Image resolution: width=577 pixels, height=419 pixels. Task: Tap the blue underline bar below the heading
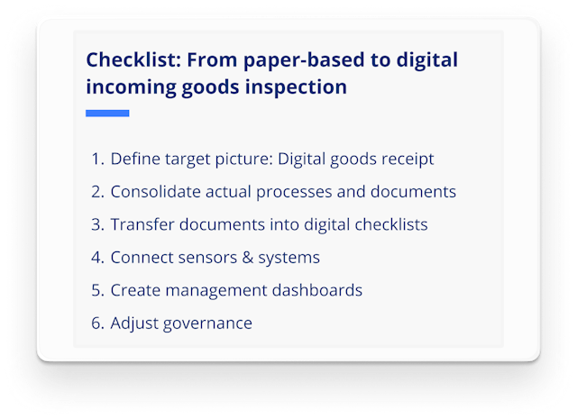tap(107, 114)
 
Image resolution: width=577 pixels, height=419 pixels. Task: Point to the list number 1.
tap(96, 159)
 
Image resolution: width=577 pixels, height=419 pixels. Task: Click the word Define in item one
tap(133, 159)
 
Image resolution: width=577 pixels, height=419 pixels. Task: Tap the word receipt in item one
tap(407, 159)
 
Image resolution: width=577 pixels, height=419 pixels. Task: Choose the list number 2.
tap(96, 192)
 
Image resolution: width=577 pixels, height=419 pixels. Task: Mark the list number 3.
tap(96, 224)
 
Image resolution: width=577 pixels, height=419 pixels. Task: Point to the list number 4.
tap(96, 258)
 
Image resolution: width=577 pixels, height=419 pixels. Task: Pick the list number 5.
tap(96, 290)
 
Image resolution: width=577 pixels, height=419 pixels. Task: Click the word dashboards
tap(318, 290)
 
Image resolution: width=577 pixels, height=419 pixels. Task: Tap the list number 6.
tap(96, 323)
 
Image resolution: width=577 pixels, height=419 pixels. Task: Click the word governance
tap(206, 323)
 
